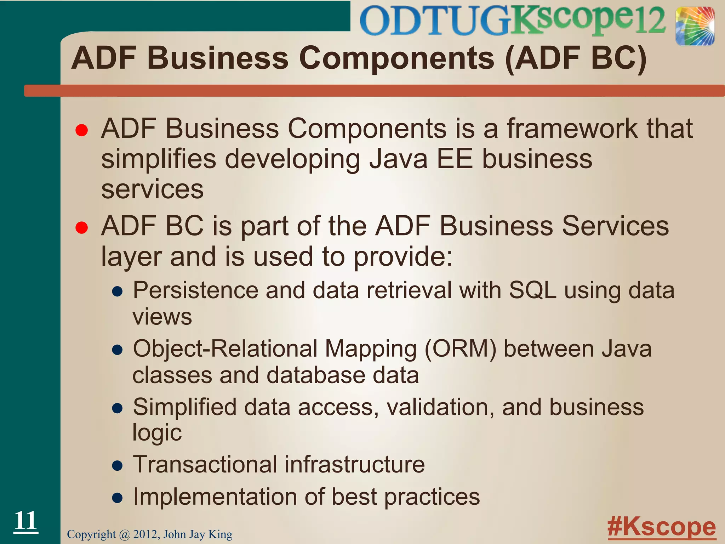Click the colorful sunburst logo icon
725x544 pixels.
(x=695, y=27)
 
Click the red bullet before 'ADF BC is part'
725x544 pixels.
(x=81, y=228)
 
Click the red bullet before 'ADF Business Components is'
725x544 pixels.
(x=81, y=130)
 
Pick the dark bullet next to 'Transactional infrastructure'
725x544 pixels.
(x=117, y=465)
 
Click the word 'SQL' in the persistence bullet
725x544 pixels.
(x=532, y=290)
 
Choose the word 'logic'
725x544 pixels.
(x=157, y=433)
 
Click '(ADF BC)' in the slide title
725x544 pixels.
(x=576, y=58)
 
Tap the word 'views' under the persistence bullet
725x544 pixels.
(x=162, y=317)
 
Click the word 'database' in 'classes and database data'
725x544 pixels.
(x=316, y=375)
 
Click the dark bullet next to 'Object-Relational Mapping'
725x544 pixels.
(x=117, y=350)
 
